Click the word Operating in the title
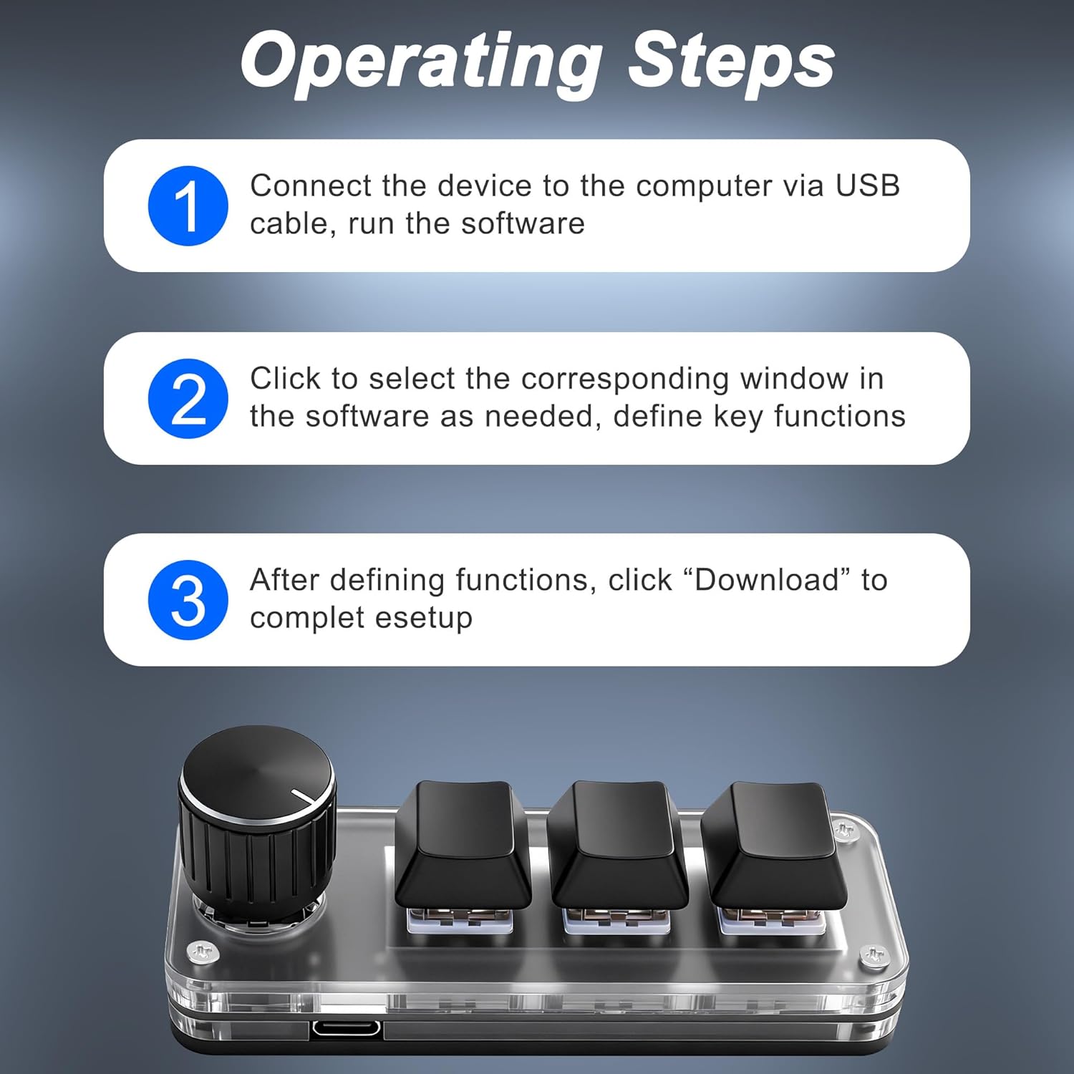[x=422, y=62]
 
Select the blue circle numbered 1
[x=188, y=205]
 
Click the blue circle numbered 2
[x=188, y=399]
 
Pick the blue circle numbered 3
[x=188, y=600]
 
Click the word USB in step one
[x=868, y=185]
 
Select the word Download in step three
[x=767, y=580]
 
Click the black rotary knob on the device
[x=257, y=823]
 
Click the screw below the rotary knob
[x=201, y=952]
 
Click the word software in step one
[x=523, y=223]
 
